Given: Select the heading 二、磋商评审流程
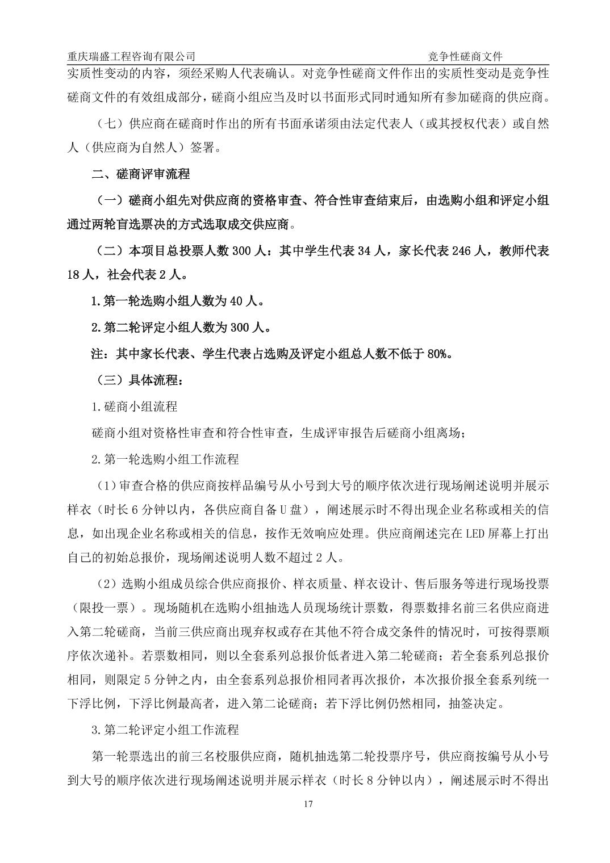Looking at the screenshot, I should coord(140,174).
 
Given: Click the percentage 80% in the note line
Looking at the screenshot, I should coord(438,354).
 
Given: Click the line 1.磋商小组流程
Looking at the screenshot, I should coord(135,407).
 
